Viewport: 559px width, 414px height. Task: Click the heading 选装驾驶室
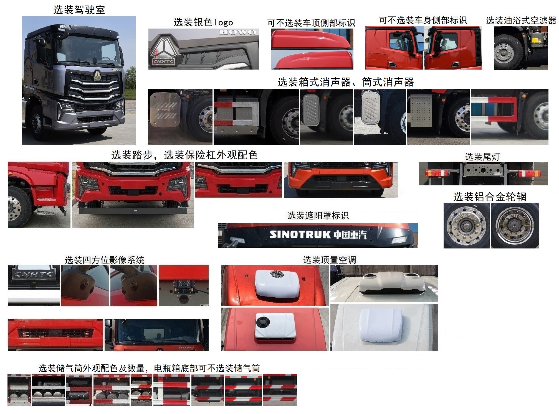tap(79, 10)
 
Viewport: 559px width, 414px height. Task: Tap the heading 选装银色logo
tap(203, 22)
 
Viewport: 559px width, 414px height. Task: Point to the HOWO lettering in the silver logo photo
tap(237, 32)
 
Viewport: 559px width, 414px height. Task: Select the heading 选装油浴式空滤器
tap(521, 21)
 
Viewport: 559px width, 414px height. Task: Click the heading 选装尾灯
tap(482, 157)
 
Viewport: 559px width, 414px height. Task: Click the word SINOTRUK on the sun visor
tap(300, 235)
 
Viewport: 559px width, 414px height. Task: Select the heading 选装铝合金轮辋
tap(490, 197)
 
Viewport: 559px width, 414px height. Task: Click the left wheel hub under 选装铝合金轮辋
tap(466, 225)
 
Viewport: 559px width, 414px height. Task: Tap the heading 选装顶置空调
tap(329, 260)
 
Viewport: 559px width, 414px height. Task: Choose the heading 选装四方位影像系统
tap(105, 260)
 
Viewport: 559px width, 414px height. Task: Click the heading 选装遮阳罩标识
tap(318, 216)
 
